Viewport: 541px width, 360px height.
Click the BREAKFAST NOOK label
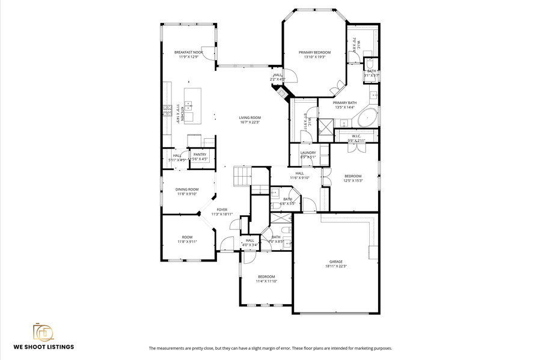pos(189,52)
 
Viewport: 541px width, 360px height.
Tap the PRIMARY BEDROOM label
pos(315,52)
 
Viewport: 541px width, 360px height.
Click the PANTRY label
pos(200,154)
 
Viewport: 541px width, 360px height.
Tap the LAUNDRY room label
pos(308,153)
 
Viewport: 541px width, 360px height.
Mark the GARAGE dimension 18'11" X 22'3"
pos(335,266)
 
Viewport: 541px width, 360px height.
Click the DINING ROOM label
pos(187,189)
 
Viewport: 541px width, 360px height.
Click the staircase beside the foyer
pos(242,176)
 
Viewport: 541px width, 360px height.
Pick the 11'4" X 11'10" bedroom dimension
pos(266,281)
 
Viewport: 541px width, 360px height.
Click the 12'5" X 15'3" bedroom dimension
pos(353,181)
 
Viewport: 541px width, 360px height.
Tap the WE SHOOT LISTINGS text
pos(44,347)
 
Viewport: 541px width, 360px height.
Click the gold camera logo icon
pos(43,332)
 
